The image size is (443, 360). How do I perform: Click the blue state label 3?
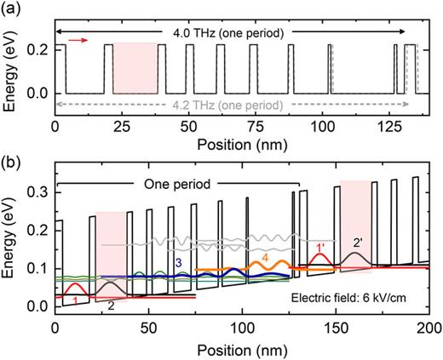180,263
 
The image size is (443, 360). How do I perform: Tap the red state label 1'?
320,249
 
